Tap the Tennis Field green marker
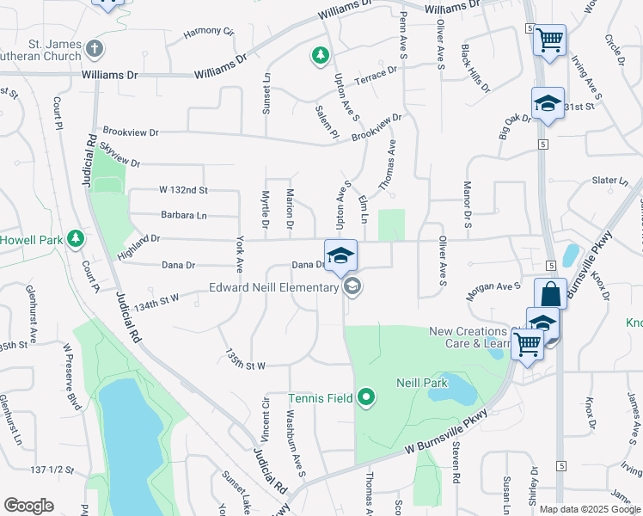click(x=367, y=397)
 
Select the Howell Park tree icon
click(x=76, y=238)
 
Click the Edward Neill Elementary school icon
click(x=351, y=287)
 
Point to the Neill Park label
click(x=418, y=383)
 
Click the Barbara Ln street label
click(x=183, y=215)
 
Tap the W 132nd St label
click(x=184, y=189)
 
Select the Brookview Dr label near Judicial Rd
click(x=131, y=132)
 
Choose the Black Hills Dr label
click(x=475, y=69)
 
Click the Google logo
click(x=28, y=506)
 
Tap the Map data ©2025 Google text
click(x=590, y=509)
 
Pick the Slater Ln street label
click(x=610, y=181)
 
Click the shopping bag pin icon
click(x=550, y=293)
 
